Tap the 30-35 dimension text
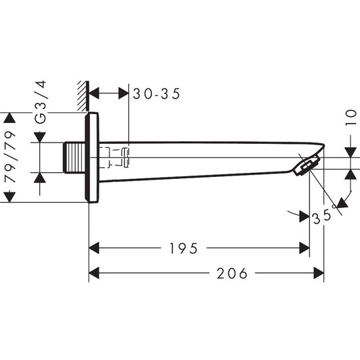[156, 95]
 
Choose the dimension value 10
[351, 118]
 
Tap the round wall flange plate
[93, 157]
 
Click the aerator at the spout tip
[307, 165]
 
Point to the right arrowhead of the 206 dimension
[318, 274]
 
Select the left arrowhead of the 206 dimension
[95, 274]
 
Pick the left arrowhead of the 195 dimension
[95, 249]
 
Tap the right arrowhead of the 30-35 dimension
[122, 95]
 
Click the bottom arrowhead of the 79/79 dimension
[9, 197]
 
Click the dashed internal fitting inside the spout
[115, 157]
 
